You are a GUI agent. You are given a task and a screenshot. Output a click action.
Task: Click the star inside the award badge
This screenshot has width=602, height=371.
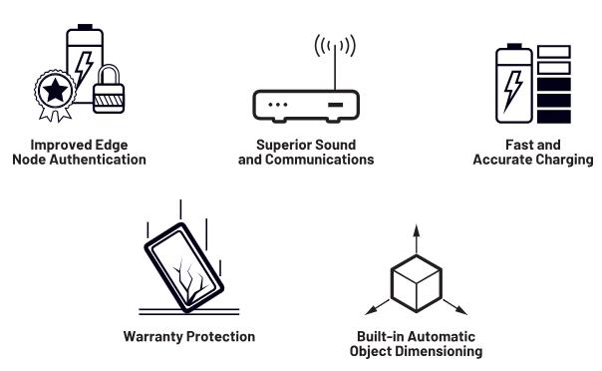coord(55,90)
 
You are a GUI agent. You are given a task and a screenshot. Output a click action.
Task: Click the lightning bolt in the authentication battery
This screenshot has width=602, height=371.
coord(84,70)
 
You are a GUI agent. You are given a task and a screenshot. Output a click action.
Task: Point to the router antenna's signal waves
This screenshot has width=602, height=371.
coord(335,45)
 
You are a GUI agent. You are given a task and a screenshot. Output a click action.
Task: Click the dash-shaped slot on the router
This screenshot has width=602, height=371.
coord(335,105)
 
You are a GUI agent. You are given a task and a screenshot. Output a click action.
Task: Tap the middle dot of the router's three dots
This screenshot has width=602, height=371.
coord(278,105)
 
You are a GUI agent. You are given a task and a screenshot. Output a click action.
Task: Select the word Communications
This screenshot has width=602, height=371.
coord(319,160)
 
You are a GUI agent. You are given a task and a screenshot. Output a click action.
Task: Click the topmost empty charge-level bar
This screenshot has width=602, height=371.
coord(553,52)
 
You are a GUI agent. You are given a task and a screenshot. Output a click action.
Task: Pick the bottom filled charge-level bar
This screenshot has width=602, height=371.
coord(553,117)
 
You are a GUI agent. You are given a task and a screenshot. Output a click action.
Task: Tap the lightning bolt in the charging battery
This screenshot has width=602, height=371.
coord(513,90)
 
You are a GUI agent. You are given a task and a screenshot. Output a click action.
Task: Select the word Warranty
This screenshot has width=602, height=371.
coord(153,337)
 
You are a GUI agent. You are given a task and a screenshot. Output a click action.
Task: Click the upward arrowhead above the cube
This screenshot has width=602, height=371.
coord(417,229)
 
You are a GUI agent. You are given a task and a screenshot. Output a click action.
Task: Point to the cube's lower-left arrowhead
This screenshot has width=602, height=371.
coord(370,311)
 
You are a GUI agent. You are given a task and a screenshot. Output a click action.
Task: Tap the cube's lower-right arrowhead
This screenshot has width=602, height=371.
coord(462,310)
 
